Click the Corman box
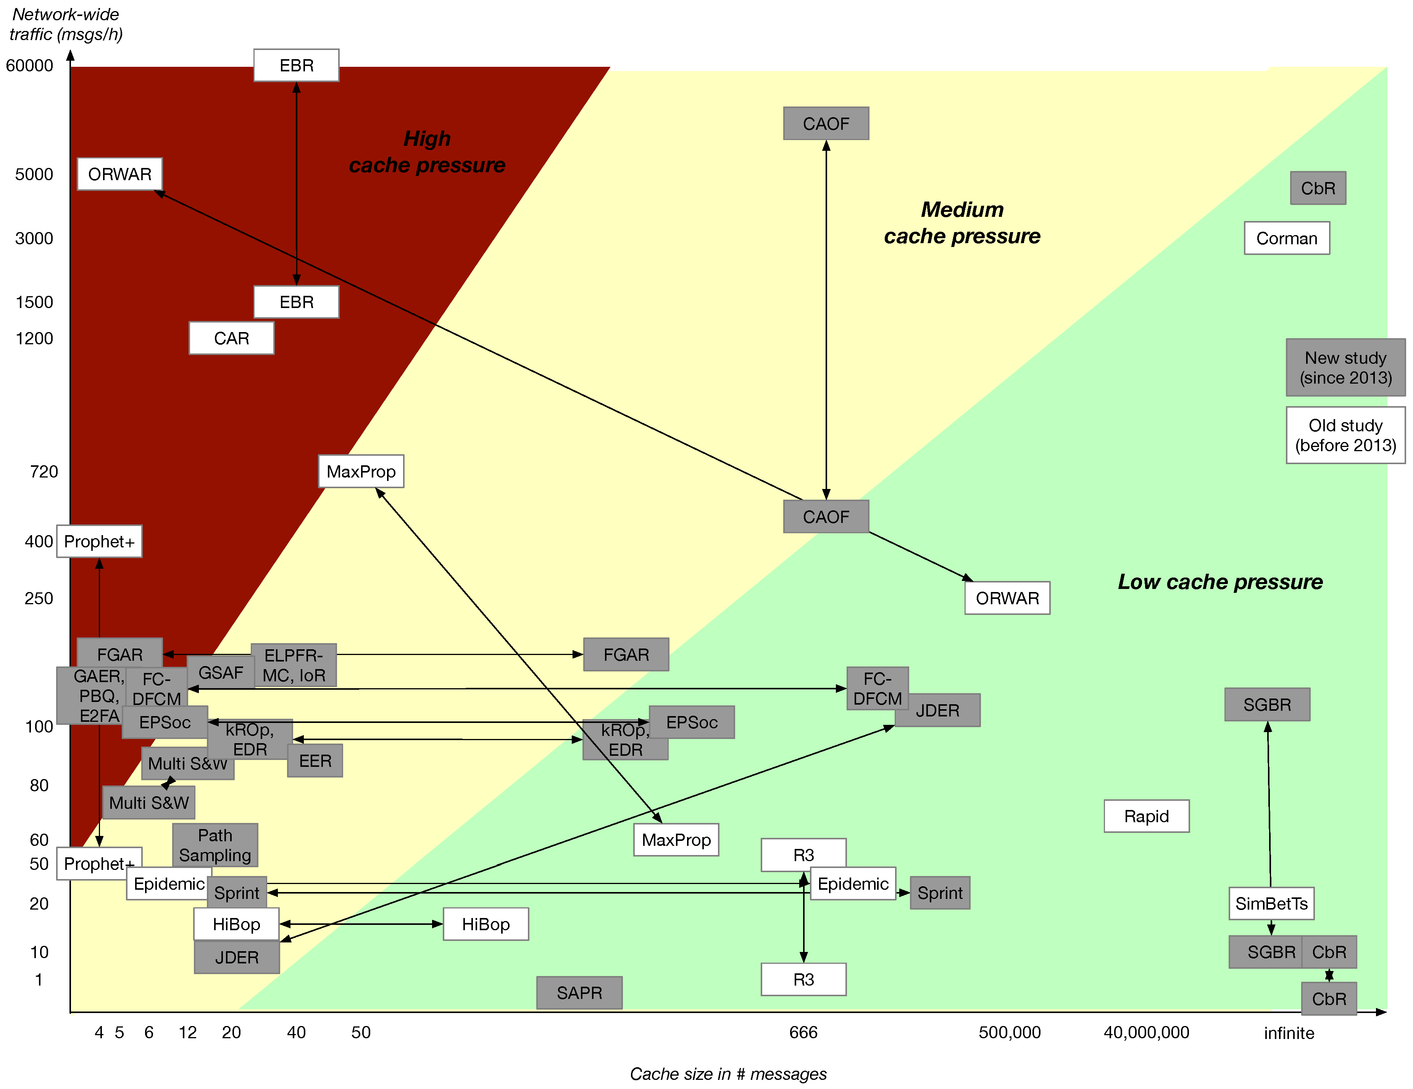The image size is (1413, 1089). click(1286, 238)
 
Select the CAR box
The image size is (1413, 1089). click(231, 338)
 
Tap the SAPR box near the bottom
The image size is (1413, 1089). click(579, 992)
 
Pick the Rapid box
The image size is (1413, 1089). click(1146, 816)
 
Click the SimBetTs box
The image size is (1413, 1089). click(1271, 903)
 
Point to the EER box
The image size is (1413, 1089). click(315, 761)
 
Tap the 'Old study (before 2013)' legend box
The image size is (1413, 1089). click(1345, 435)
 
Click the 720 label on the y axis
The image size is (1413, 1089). click(44, 472)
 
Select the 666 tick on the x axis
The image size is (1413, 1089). click(803, 1032)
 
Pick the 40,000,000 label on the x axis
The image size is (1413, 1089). click(1146, 1032)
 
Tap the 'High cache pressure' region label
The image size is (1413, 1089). click(427, 152)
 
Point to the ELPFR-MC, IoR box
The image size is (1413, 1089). click(294, 665)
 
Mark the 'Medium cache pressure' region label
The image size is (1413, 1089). click(962, 223)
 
